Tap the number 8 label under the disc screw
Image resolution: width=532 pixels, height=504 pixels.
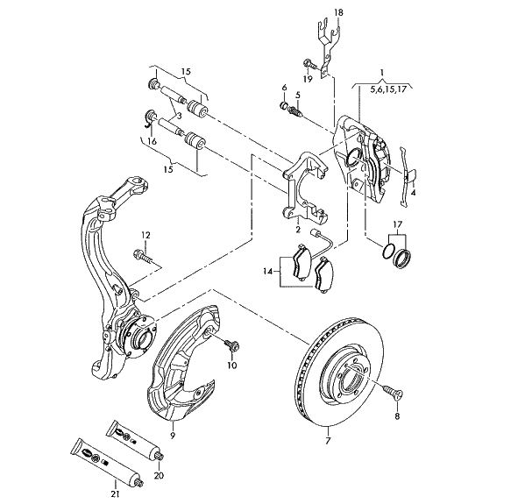tap(396, 416)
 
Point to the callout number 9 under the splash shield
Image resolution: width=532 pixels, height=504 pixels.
tap(173, 434)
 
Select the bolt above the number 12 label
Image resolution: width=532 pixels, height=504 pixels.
tap(144, 257)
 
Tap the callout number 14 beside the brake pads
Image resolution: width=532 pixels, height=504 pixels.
tap(267, 273)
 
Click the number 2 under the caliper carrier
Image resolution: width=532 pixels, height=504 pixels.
tap(298, 230)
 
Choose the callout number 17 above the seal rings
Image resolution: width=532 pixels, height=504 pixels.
tap(398, 225)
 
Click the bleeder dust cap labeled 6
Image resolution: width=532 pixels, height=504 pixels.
tap(285, 107)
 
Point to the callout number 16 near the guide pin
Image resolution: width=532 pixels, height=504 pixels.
tap(152, 140)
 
